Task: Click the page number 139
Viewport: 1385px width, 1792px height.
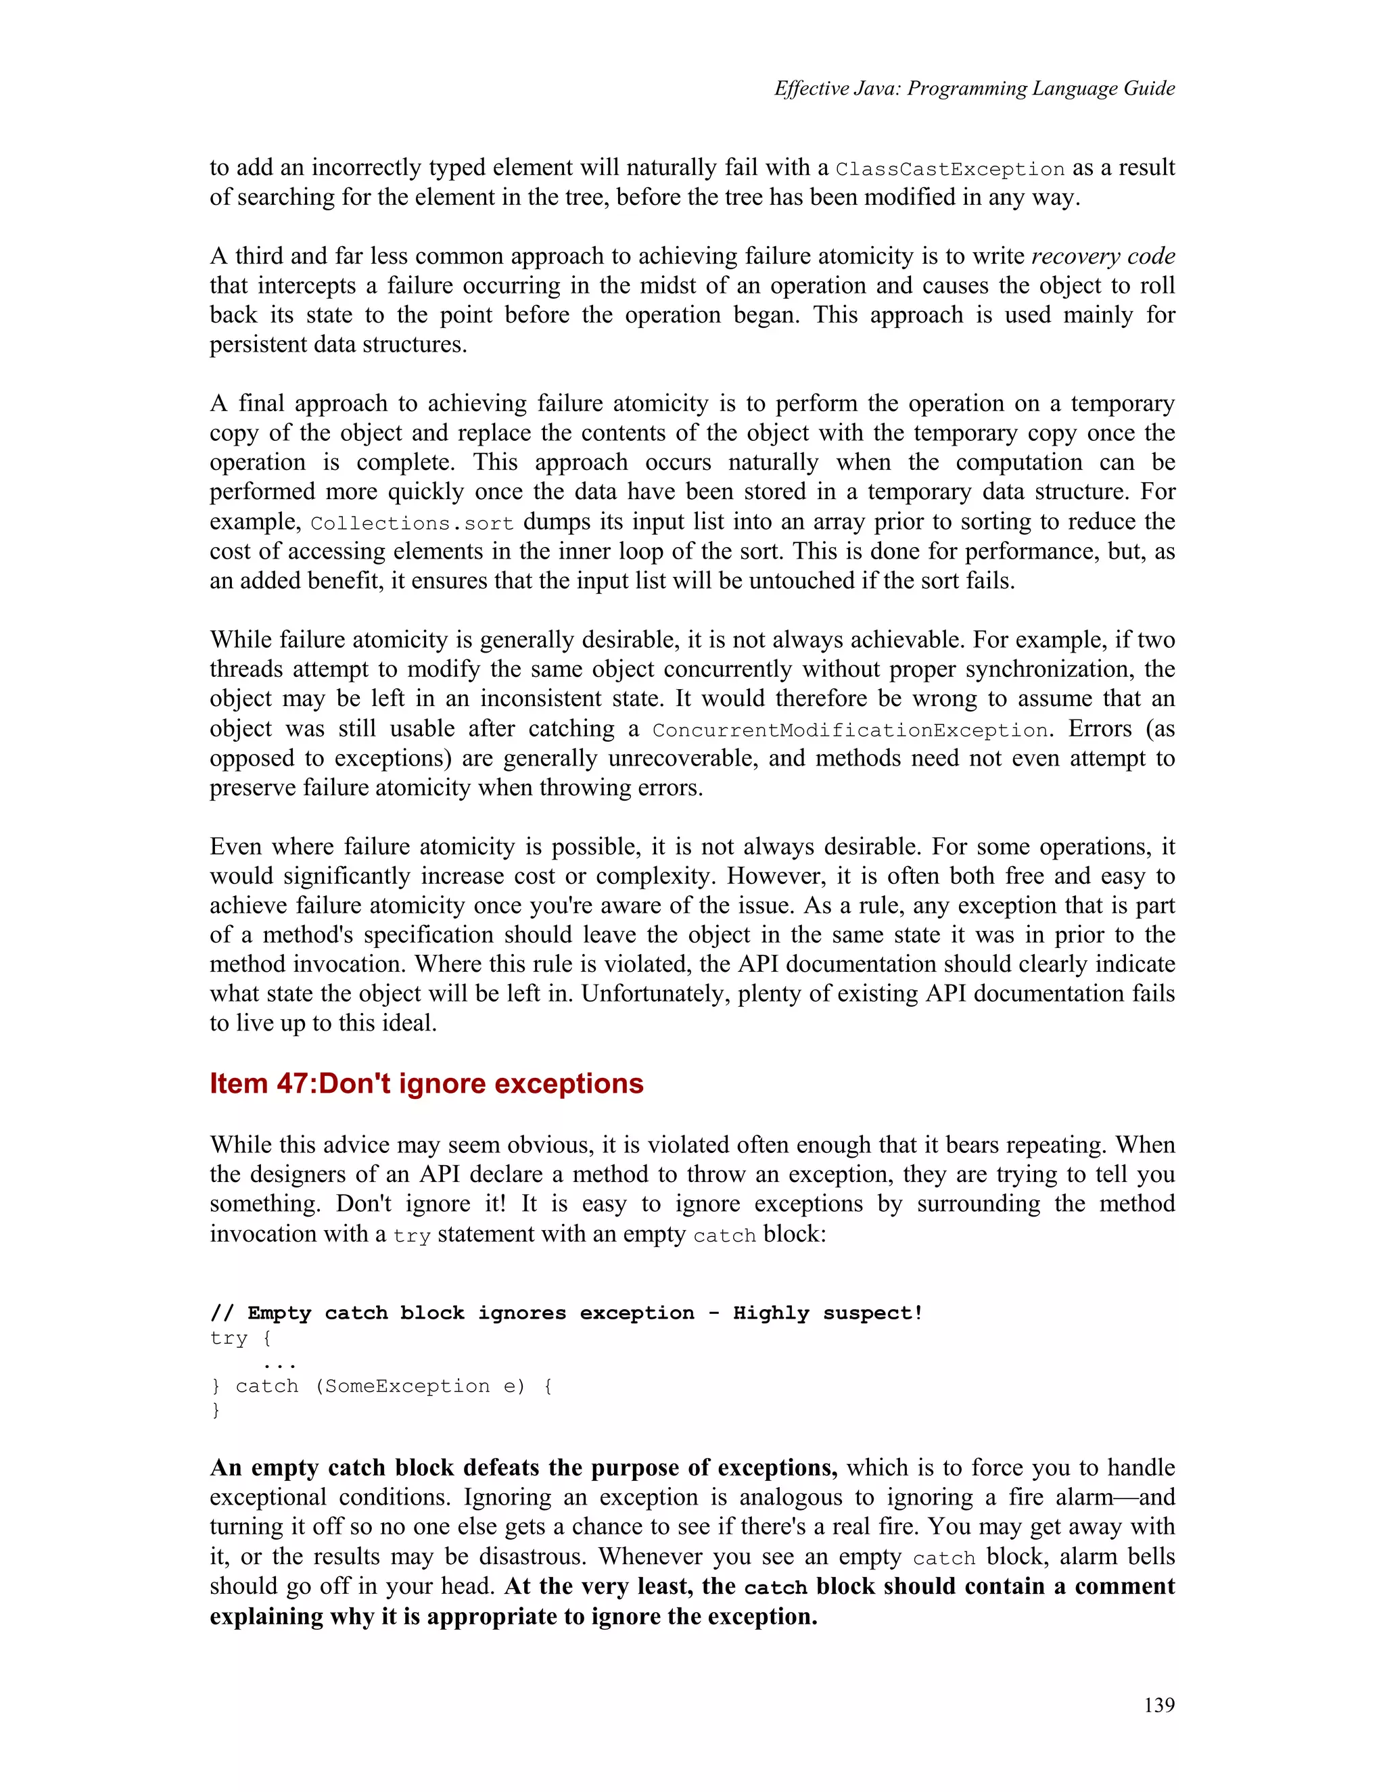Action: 1158,1705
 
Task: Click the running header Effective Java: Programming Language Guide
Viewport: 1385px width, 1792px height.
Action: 974,89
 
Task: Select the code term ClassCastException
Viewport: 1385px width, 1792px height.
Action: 949,170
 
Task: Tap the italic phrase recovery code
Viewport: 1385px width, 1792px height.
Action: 1103,256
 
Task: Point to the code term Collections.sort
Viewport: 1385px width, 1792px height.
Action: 412,523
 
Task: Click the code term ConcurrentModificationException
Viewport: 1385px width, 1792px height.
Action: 849,730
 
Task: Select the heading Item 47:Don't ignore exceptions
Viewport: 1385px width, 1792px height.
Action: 426,1083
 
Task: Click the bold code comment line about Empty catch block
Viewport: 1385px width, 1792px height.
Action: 566,1313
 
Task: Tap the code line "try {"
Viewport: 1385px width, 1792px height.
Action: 240,1338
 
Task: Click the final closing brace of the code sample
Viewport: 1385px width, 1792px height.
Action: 216,1411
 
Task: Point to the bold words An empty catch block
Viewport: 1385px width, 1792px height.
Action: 332,1468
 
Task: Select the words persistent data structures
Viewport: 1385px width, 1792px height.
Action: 337,345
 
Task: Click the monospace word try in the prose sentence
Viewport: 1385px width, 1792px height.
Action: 411,1235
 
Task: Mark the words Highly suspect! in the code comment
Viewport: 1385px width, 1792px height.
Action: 827,1313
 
